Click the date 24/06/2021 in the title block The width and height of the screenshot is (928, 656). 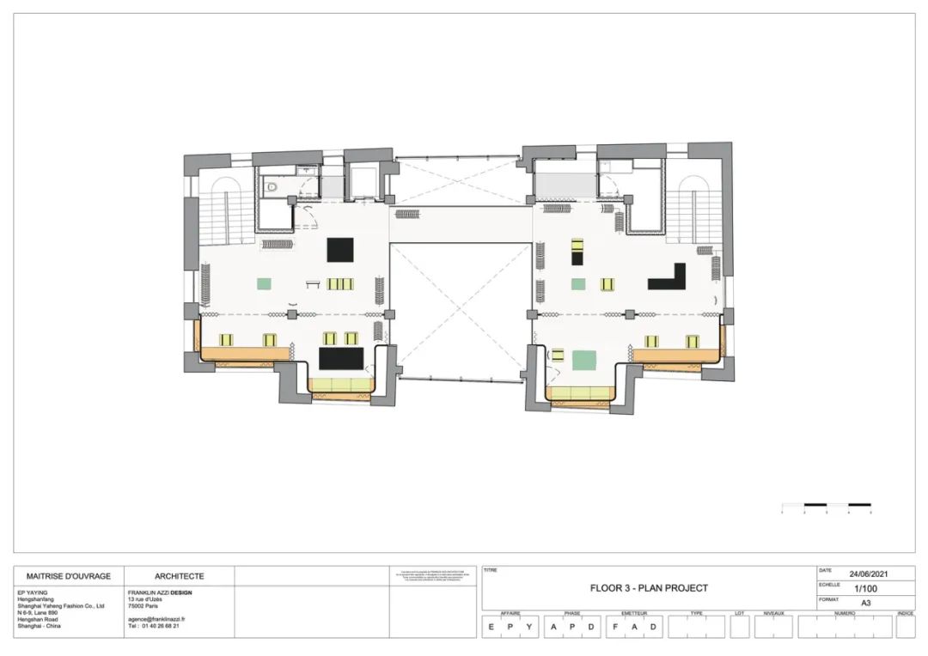coord(868,574)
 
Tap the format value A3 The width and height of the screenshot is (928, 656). coord(866,603)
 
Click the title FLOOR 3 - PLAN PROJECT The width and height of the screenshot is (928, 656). coord(649,588)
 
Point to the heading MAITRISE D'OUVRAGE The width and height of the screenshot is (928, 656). coord(69,576)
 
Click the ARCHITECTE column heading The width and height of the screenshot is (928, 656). coord(179,576)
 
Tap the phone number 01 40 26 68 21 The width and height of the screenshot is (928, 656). coord(158,626)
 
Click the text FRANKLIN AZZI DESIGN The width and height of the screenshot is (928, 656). coord(160,592)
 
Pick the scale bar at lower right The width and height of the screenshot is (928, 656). coord(827,505)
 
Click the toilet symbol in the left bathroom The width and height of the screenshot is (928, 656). coord(272,185)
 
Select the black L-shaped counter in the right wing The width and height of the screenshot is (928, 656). coord(669,277)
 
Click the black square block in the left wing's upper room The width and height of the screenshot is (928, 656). coord(340,250)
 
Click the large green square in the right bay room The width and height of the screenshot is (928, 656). coord(586,359)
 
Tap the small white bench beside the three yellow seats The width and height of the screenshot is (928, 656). coord(311,282)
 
